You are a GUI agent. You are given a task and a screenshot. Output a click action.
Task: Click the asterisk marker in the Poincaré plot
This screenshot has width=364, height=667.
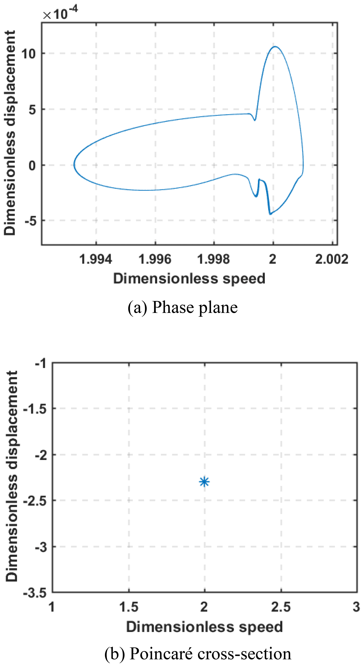point(204,482)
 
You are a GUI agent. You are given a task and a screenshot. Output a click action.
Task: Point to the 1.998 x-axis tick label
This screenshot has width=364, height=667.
point(214,259)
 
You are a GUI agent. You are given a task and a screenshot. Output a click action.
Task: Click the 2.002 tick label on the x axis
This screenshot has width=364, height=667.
point(332,259)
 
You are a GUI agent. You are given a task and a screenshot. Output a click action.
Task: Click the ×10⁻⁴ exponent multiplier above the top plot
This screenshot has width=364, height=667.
point(61,13)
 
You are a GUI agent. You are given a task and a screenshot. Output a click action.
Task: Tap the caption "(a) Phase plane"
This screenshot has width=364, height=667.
point(182,308)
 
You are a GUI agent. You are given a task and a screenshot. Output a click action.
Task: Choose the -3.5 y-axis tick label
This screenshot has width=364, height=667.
point(35,592)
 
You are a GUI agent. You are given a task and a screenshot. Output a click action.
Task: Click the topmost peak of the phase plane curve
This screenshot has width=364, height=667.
point(275,47)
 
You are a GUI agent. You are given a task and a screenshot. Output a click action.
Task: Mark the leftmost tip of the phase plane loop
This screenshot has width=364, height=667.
point(74,165)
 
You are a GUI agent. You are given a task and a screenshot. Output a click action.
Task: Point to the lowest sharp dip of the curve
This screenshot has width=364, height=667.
point(270,214)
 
